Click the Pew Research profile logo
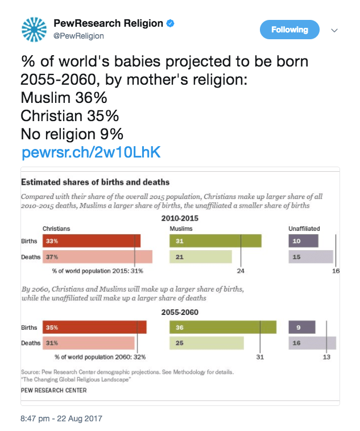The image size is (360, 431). point(34,30)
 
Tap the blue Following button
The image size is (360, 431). point(289,30)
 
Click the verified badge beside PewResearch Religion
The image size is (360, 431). point(169,24)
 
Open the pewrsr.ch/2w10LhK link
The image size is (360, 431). point(91,153)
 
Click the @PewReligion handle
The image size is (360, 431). point(78,36)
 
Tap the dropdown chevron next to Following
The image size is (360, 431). point(334,30)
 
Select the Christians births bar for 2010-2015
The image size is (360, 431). point(92,241)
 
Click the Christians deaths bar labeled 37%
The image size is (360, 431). point(97,256)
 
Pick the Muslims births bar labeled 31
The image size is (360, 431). point(216,241)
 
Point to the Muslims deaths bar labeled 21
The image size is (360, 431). point(201,256)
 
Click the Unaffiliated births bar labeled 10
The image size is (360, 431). point(303,241)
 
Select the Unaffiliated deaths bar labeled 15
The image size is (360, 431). point(311,256)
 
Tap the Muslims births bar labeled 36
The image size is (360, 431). point(223,328)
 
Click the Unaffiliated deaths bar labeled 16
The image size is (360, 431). point(312,343)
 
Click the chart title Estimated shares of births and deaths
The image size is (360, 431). point(95,183)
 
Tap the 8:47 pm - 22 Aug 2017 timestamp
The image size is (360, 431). point(61,418)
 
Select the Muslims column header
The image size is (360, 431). point(181,229)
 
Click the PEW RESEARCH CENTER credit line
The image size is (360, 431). point(54,391)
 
